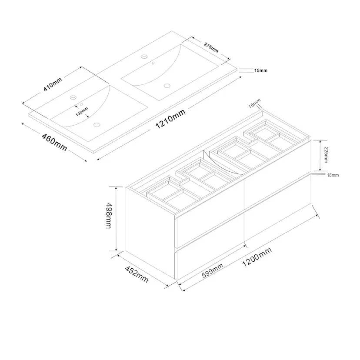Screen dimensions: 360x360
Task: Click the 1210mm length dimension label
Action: tap(170, 119)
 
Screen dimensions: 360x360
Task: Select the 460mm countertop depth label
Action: tap(54, 142)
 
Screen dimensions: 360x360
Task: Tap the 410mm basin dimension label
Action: tap(53, 84)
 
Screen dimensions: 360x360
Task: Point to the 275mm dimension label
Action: tap(211, 48)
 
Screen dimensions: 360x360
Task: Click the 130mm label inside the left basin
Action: tap(82, 112)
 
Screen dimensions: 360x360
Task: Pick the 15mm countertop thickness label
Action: tap(260, 70)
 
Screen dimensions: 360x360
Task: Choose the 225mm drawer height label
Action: tap(326, 155)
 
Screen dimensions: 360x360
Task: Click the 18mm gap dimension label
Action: tap(333, 175)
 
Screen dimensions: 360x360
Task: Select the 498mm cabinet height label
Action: tap(109, 216)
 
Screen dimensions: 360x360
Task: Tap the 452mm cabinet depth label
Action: tap(137, 274)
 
